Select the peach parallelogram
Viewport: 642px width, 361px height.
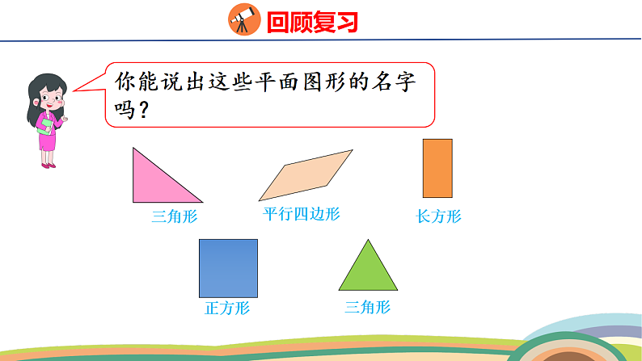(306, 174)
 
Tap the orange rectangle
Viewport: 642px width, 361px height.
(437, 168)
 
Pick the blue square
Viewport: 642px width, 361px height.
(229, 267)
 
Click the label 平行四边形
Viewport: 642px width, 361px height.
(302, 214)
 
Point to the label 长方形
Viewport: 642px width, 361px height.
(438, 216)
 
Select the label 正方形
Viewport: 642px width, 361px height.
(227, 308)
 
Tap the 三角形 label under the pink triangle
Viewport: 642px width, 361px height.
(175, 216)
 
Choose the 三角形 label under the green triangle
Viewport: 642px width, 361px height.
(367, 307)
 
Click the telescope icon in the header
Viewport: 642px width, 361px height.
(242, 19)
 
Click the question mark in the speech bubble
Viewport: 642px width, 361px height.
(142, 110)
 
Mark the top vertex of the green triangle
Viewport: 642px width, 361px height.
(368, 241)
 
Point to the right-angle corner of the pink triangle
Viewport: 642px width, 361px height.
(135, 199)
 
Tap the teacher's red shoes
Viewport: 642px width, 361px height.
(49, 166)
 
